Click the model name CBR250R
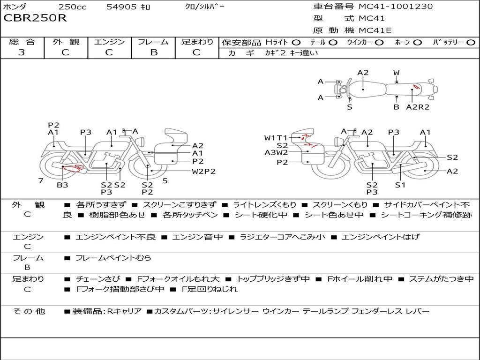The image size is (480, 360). pos(35,18)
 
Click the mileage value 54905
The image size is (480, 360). pos(121,7)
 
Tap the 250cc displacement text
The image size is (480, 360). pos(73,7)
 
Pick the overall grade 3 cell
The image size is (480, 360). pos(22,52)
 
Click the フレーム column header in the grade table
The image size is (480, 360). pos(153,42)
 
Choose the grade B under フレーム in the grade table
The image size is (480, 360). pos(153,52)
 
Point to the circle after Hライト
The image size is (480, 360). pos(296,42)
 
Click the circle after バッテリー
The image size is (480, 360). pos(471,42)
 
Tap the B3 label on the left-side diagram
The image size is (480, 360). pos(62,185)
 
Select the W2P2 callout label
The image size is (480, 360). pos(204,171)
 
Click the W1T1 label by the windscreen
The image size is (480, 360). pos(275,138)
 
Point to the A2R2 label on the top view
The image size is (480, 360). pos(418,107)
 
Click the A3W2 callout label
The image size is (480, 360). pos(276,152)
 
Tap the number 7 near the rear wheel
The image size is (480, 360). pos(41,180)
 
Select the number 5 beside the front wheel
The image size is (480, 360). pos(165,180)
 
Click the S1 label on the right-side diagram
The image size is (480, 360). pos(400,185)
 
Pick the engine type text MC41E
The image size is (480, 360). pos(375,30)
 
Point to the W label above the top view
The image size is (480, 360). pos(396,73)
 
